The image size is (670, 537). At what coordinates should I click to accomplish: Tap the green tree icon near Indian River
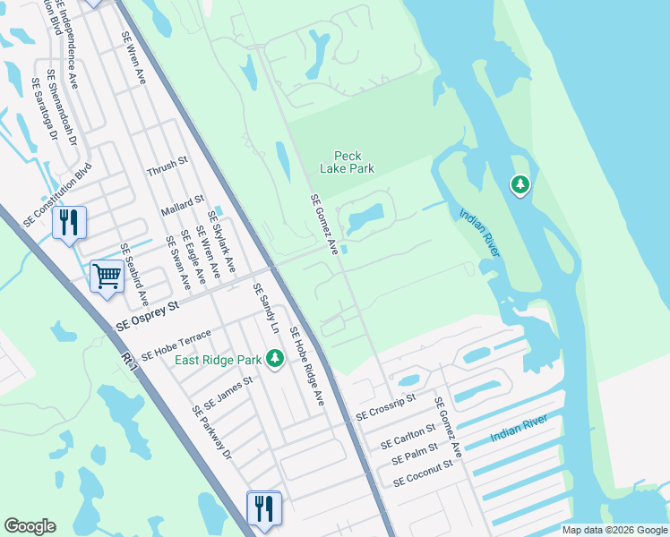point(520,185)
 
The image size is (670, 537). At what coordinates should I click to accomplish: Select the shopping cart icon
point(107,275)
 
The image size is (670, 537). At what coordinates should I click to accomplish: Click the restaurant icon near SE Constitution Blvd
point(69,221)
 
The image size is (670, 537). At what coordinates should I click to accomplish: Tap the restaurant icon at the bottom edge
point(263,507)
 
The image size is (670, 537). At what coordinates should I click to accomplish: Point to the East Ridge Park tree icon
point(276,359)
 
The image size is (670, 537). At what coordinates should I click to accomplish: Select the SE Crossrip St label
point(386,407)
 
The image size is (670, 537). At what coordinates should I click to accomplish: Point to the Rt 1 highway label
point(132,362)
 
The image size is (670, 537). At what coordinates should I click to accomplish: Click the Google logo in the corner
point(30,526)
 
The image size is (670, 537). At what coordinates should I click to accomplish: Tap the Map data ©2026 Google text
point(614,530)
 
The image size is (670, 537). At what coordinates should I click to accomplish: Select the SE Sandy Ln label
point(266,309)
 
